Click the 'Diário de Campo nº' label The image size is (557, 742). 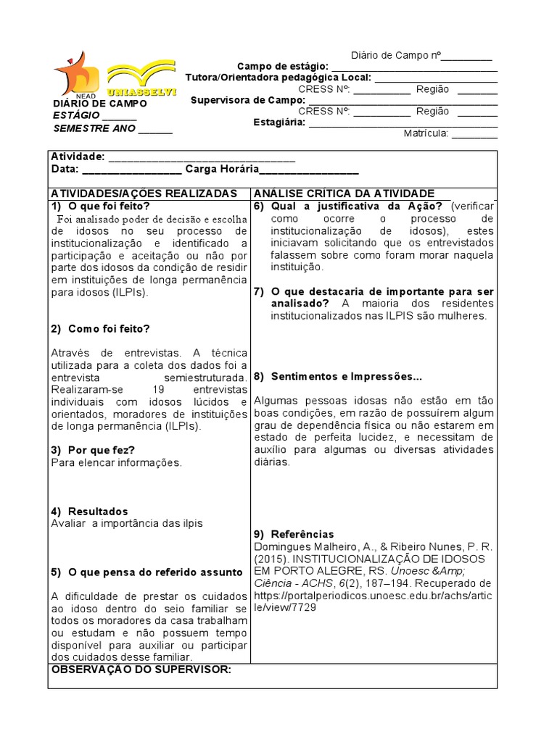[395, 55]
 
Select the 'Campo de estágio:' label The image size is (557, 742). [283, 67]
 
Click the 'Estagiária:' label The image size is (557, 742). [279, 122]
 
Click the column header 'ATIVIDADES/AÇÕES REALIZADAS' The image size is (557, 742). [144, 193]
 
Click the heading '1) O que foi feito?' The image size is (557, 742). [101, 206]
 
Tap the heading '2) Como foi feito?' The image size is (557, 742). [101, 328]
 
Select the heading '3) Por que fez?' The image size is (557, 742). [93, 450]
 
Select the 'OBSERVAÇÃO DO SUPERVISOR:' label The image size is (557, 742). [141, 669]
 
